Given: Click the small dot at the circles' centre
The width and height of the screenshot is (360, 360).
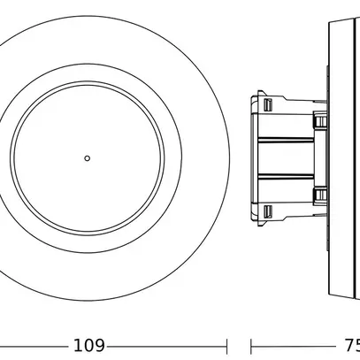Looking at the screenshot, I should (87, 157).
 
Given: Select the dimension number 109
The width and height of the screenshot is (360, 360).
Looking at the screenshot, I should (89, 344).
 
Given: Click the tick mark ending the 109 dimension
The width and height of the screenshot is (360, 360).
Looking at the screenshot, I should (229, 344).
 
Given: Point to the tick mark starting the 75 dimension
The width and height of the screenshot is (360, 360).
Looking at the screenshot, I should (252, 344).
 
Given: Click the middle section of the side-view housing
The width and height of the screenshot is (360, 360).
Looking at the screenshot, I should (287, 157).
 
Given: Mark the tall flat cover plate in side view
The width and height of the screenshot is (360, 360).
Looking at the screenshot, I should (341, 157).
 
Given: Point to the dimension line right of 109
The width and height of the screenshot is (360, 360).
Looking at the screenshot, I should (168, 344).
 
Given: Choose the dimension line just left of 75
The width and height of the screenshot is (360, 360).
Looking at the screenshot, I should (292, 344).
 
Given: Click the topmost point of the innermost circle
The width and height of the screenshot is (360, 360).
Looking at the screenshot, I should (87, 87).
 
